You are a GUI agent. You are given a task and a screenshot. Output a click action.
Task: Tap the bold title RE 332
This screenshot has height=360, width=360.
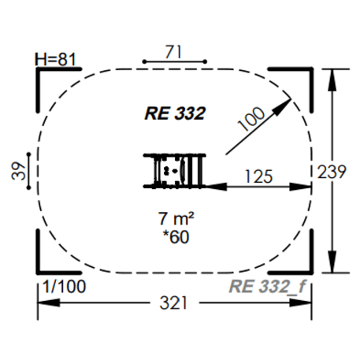(x=175, y=113)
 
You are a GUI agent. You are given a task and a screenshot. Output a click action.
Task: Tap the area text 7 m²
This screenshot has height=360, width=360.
(x=174, y=218)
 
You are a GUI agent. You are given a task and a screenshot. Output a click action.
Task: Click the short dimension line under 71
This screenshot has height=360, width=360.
(x=174, y=61)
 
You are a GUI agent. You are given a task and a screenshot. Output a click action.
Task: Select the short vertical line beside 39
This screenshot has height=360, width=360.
(x=30, y=171)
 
